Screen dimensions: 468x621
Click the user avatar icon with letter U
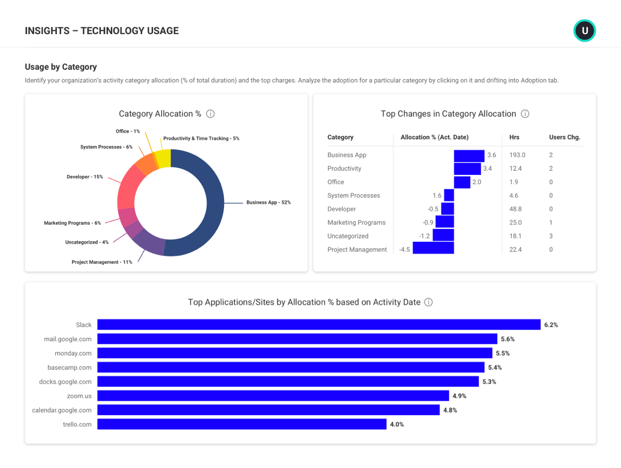pos(585,31)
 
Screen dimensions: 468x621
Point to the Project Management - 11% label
pos(102,262)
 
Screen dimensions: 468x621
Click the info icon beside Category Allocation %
pos(210,114)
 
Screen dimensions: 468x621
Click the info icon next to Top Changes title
pos(525,114)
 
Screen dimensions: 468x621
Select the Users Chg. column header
pos(565,137)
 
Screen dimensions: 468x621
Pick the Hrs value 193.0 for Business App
pos(517,155)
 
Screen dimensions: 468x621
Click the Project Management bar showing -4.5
pos(433,249)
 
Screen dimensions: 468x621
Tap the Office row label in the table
pos(335,182)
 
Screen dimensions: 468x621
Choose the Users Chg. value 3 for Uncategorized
pos(551,236)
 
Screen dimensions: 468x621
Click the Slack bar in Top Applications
pos(319,325)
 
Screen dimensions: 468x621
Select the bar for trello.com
pos(242,424)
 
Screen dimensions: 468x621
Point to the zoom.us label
pos(79,396)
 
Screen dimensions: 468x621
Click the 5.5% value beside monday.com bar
pos(502,354)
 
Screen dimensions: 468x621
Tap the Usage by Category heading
pos(61,67)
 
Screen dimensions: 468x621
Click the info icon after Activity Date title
pos(428,302)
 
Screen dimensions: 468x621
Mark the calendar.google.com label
pos(62,410)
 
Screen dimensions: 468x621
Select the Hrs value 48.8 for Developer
pos(515,209)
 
